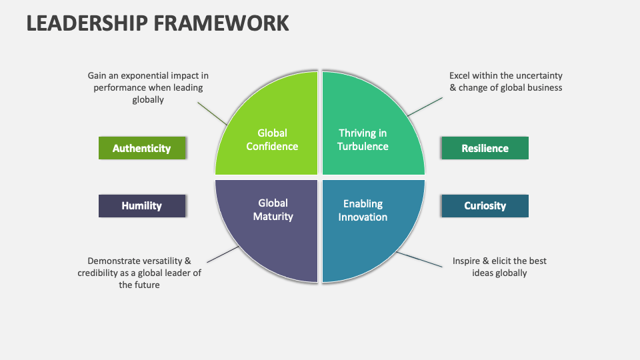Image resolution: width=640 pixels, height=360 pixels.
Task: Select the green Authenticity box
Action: pyautogui.click(x=142, y=148)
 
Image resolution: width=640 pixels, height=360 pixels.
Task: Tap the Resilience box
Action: pyautogui.click(x=485, y=148)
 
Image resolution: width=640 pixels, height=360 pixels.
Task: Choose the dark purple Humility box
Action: pyautogui.click(x=142, y=206)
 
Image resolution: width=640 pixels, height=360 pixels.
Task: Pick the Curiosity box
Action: pyautogui.click(x=485, y=206)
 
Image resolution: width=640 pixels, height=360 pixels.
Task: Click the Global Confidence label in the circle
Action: pyautogui.click(x=272, y=139)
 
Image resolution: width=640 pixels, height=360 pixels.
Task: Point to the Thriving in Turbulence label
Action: pyautogui.click(x=363, y=139)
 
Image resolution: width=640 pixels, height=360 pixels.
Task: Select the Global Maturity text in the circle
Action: pyautogui.click(x=273, y=209)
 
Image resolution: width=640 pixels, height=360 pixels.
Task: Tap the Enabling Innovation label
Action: pyautogui.click(x=363, y=209)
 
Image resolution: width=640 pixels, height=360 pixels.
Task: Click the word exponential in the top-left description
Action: pyautogui.click(x=147, y=76)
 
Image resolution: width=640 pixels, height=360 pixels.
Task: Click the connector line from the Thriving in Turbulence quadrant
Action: pyautogui.click(x=425, y=106)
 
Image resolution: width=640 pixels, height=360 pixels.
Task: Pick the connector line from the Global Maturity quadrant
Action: pyautogui.click(x=223, y=255)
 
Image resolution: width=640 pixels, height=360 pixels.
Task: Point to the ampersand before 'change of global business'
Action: pyautogui.click(x=453, y=88)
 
